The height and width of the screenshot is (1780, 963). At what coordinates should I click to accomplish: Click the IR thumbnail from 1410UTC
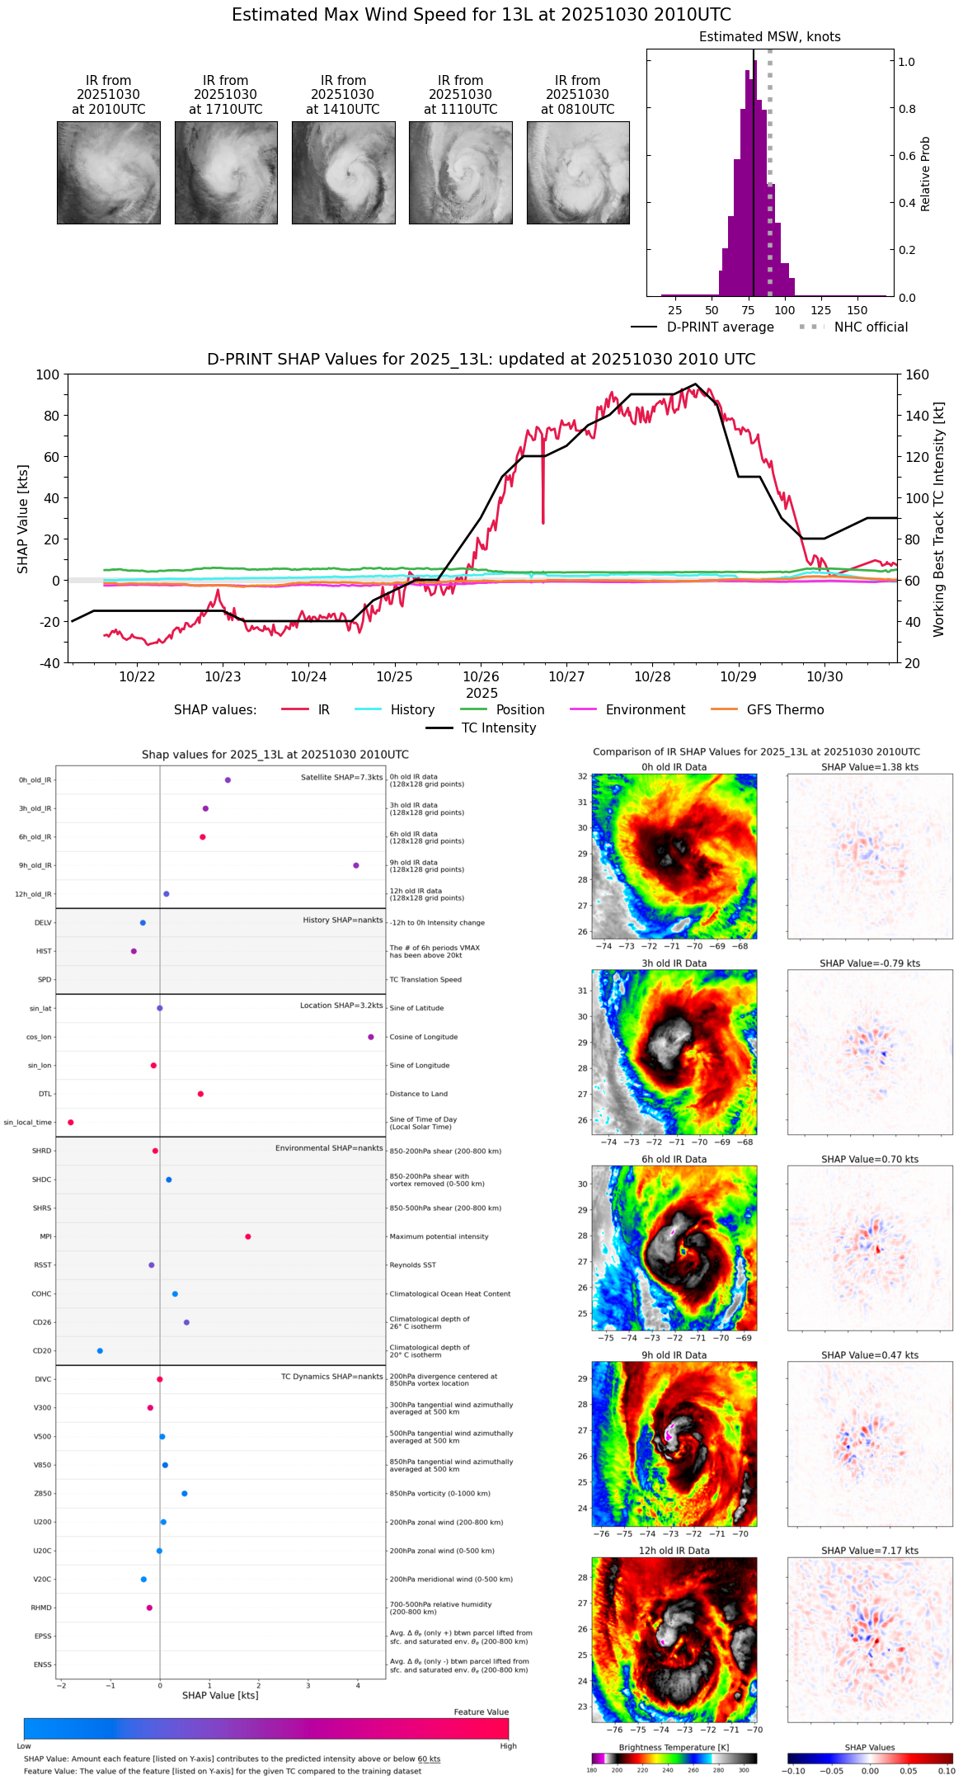click(x=343, y=172)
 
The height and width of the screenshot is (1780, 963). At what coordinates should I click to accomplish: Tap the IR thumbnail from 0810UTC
click(x=578, y=172)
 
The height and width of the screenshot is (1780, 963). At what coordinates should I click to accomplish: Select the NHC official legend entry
click(x=871, y=327)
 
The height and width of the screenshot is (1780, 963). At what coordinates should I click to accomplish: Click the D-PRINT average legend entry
click(x=720, y=327)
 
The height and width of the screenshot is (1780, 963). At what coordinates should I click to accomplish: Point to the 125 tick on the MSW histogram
click(x=820, y=310)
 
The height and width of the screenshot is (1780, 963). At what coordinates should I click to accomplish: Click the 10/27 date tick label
click(x=566, y=676)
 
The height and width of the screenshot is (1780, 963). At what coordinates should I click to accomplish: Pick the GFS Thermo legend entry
click(x=785, y=710)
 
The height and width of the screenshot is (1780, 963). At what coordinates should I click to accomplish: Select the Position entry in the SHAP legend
click(x=519, y=710)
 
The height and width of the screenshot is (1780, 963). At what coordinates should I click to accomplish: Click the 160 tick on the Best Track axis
click(x=917, y=375)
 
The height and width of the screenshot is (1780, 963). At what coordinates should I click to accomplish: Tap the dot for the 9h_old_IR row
click(x=356, y=865)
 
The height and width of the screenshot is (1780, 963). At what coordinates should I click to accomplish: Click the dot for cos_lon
click(x=371, y=1037)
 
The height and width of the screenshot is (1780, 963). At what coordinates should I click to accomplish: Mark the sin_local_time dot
click(x=71, y=1123)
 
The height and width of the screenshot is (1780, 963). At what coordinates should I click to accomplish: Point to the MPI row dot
click(x=248, y=1236)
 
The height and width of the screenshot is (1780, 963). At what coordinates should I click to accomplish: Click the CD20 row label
click(x=42, y=1351)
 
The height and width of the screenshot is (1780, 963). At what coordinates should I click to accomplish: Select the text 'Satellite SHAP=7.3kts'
click(x=341, y=778)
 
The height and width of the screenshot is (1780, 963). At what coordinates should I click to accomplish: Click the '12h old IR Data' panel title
click(x=674, y=1551)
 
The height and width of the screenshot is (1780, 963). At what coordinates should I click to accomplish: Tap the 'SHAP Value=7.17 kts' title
click(x=870, y=1551)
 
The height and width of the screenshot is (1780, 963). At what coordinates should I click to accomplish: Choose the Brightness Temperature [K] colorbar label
click(x=674, y=1747)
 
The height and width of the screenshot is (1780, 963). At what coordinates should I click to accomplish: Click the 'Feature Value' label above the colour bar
click(x=481, y=1712)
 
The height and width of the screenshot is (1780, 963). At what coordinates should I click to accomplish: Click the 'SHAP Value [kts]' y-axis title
click(x=23, y=519)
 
